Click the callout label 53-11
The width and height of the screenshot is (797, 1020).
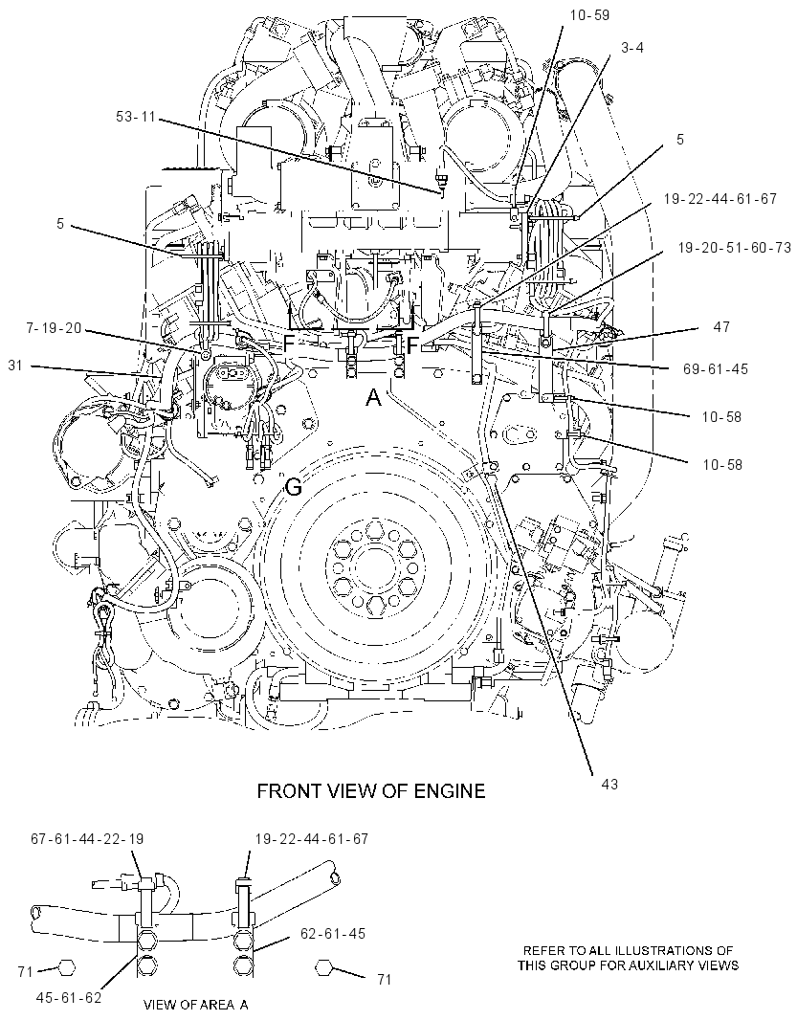click(135, 117)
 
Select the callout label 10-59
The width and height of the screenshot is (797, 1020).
click(589, 14)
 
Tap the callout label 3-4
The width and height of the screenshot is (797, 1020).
click(631, 48)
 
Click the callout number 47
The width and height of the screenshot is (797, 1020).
click(721, 327)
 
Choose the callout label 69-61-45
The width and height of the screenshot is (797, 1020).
click(717, 368)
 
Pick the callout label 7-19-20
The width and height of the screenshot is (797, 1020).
click(54, 328)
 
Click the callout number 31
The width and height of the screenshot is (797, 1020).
click(15, 366)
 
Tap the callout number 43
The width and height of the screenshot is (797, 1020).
click(609, 785)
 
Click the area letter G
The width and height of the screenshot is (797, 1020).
click(294, 486)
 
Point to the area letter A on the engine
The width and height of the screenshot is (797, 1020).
click(373, 397)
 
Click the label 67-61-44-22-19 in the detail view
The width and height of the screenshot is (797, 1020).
click(87, 839)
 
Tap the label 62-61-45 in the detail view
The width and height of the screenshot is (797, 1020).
click(334, 934)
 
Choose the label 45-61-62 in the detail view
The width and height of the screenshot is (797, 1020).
click(69, 996)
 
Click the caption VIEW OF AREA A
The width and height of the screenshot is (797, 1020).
click(196, 1005)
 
